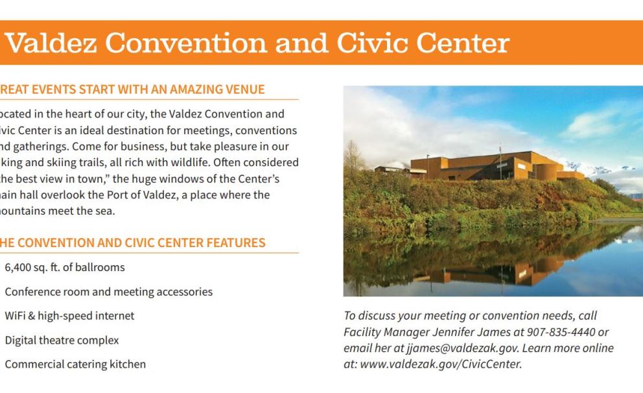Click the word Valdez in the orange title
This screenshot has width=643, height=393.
pos(50,43)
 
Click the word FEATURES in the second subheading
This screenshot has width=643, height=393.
pos(236,243)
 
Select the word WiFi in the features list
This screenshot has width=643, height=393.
pos(16,316)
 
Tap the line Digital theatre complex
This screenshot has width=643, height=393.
pos(62,340)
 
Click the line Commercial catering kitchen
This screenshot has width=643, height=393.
pos(75,364)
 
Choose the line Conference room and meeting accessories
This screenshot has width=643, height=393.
pos(108,292)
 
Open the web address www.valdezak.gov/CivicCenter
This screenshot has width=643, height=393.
pos(440,364)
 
